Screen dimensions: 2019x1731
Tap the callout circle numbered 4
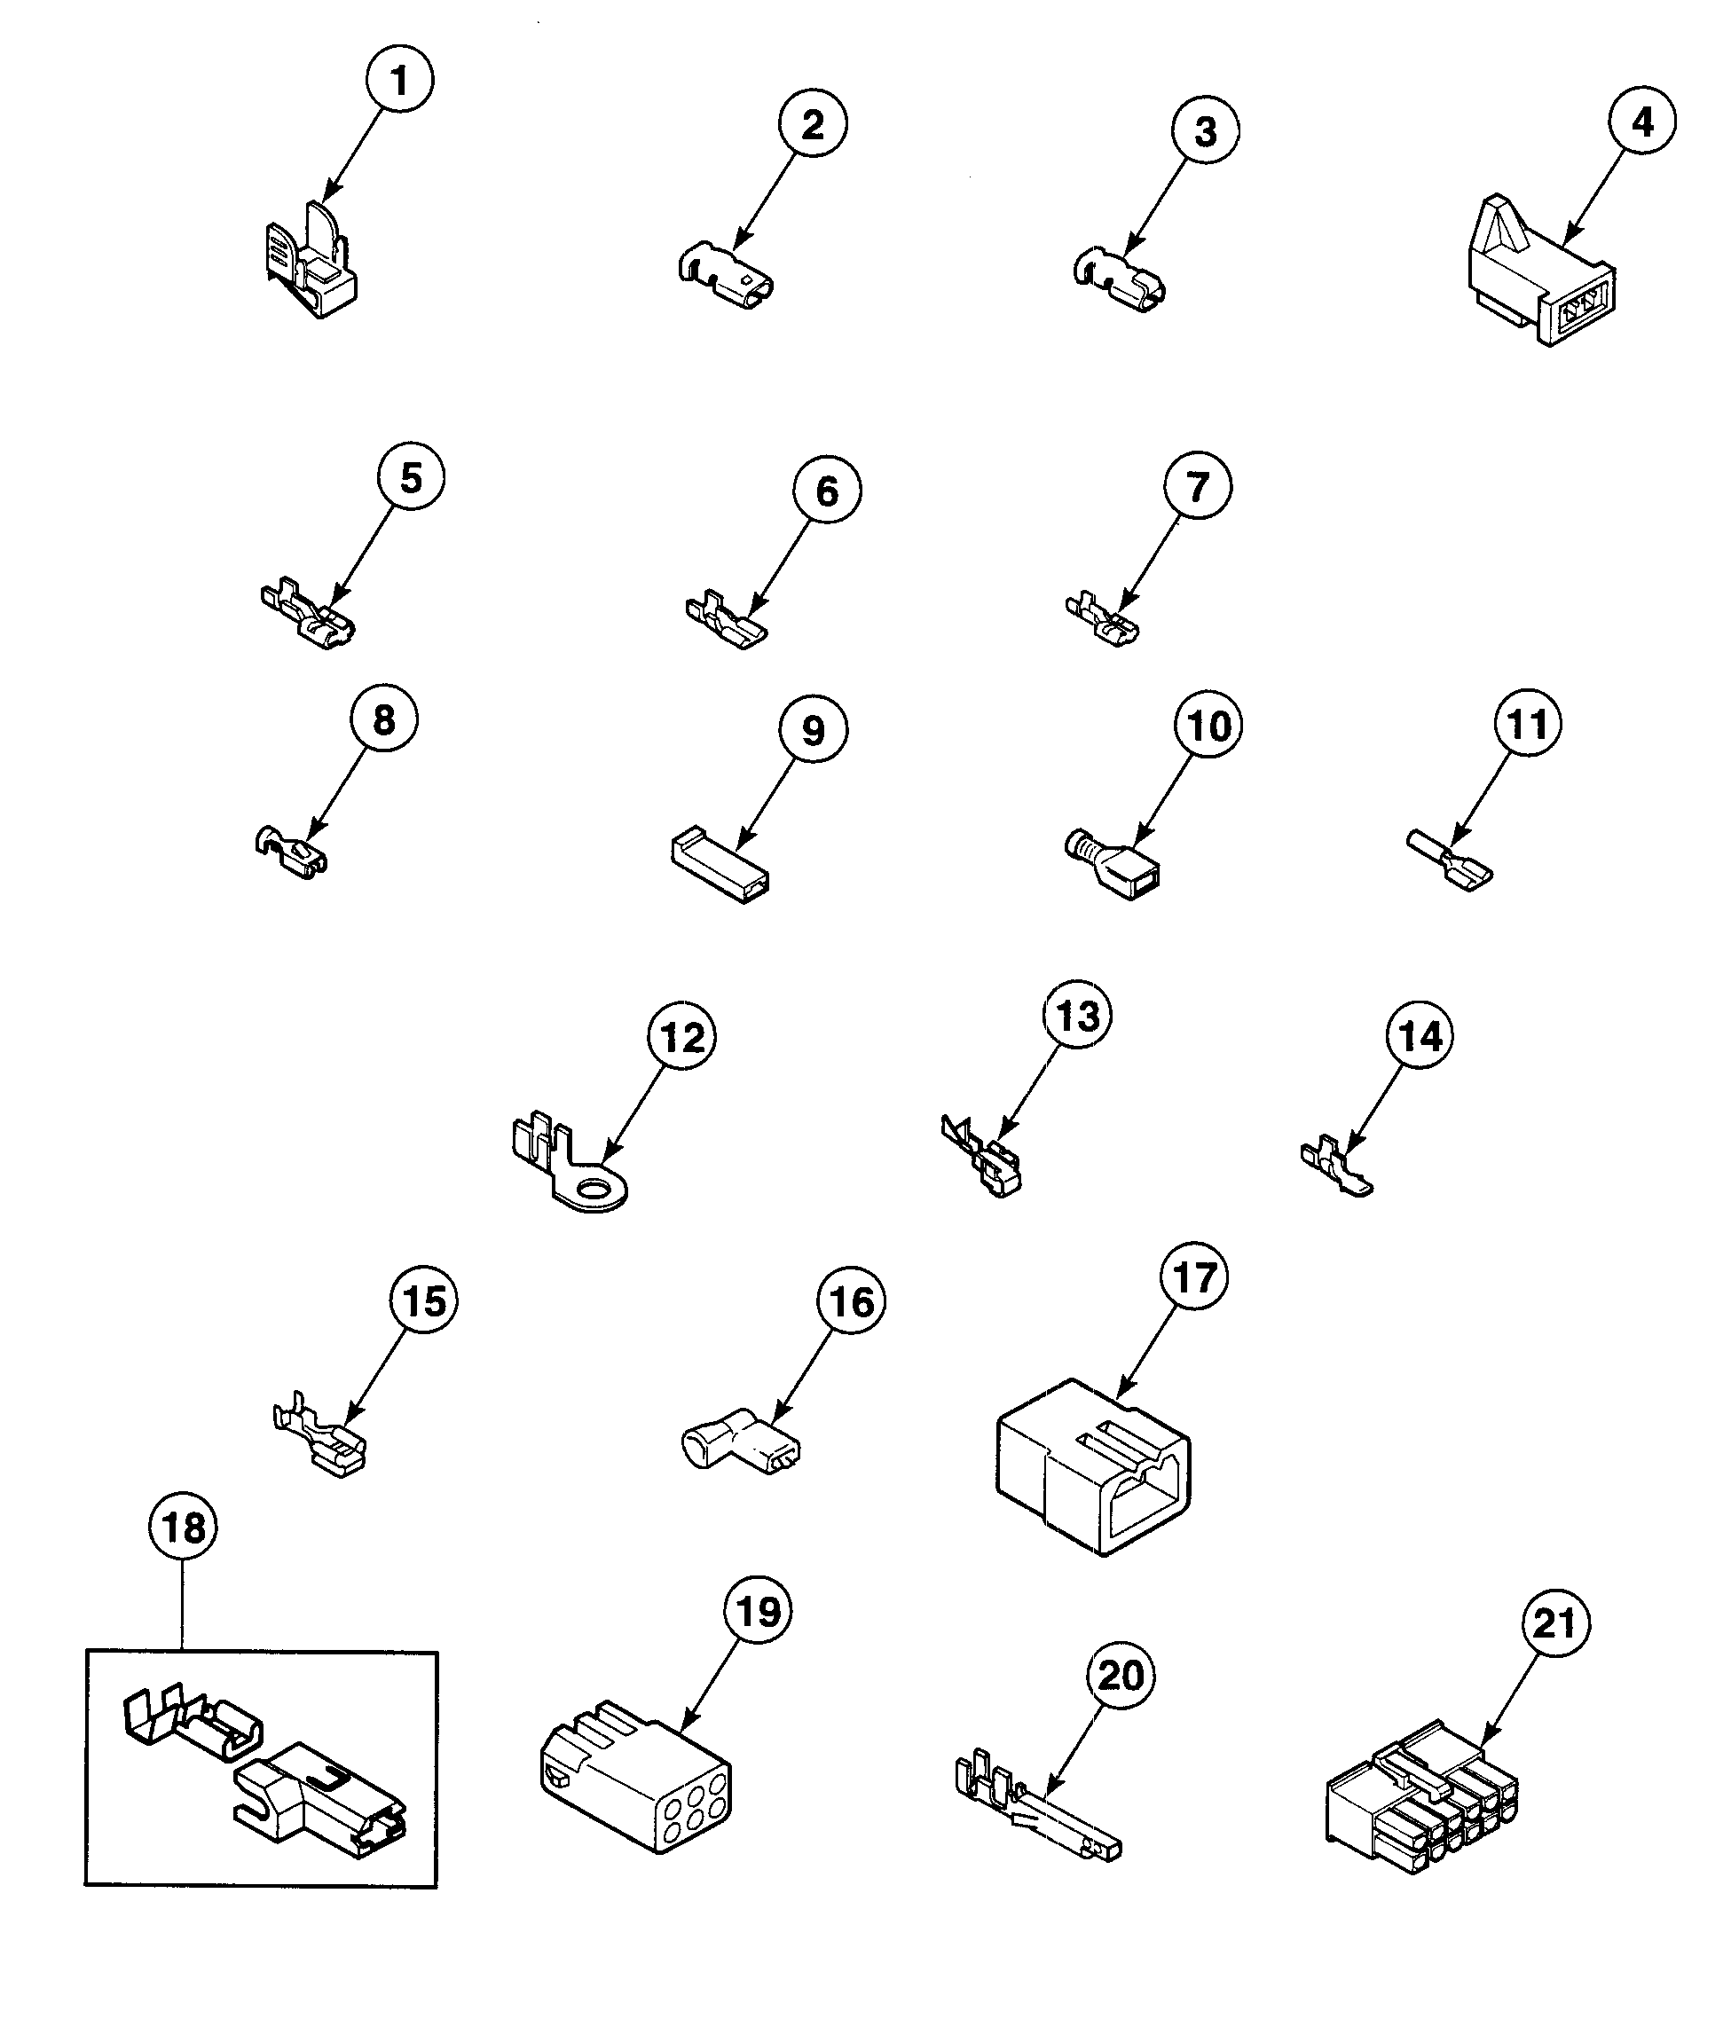coord(1642,122)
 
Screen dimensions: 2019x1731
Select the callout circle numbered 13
coord(1077,1016)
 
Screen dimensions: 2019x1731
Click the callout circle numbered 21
coord(1555,1623)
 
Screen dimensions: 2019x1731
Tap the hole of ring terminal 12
coord(592,1188)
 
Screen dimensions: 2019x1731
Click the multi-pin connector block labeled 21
coord(1421,1800)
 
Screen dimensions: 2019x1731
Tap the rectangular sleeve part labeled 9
coord(720,864)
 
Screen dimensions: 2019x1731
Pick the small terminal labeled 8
coord(291,852)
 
